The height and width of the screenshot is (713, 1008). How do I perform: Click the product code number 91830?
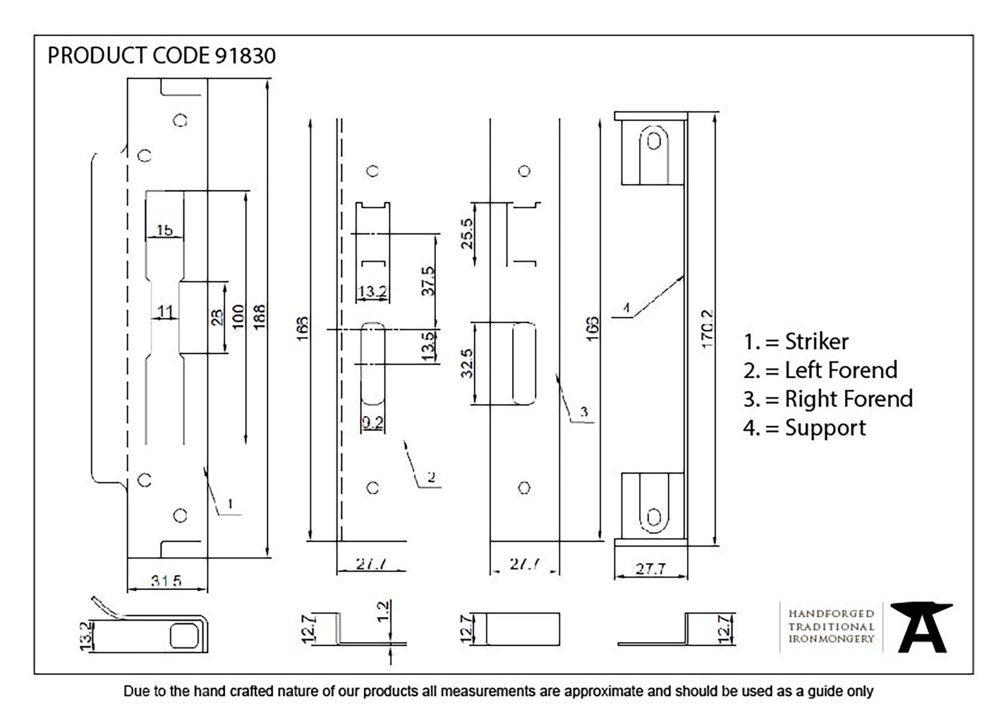245,56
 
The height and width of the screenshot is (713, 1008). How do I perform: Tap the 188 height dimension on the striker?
259,317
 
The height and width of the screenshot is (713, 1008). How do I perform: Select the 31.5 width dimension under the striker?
166,581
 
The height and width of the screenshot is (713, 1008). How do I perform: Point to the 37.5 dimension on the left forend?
428,281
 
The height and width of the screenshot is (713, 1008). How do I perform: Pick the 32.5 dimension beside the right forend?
467,363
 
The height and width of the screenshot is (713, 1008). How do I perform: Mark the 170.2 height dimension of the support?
707,328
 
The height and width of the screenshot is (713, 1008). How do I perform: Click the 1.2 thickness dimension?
383,611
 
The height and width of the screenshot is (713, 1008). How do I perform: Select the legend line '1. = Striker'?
796,342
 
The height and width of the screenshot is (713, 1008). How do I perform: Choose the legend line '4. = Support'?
804,428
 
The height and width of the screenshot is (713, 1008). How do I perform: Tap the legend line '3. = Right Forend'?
828,399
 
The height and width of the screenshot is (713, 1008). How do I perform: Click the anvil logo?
921,627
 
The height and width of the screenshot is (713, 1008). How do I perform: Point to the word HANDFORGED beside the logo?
831,614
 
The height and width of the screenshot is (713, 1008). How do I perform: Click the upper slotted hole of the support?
654,141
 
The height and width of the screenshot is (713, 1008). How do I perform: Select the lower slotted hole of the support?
654,517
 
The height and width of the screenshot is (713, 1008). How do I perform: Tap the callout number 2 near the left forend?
431,477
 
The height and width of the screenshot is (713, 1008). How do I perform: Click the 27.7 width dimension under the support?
650,569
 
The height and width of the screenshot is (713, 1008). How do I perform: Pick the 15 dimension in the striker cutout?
164,230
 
